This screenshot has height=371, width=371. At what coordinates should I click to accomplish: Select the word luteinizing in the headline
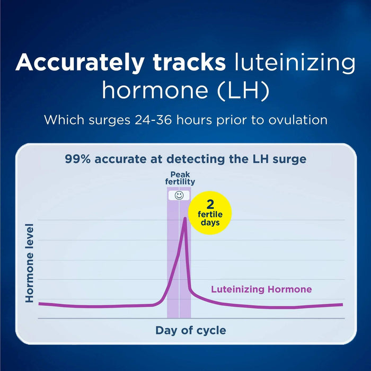[294, 63]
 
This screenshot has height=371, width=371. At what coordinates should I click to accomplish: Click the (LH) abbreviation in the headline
[244, 91]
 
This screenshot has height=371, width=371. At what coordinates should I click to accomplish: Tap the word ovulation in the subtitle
[297, 120]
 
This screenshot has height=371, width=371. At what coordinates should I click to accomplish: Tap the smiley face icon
[179, 196]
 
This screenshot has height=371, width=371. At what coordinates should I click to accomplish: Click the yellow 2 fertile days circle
[210, 213]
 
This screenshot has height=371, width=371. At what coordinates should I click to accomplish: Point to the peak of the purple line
[184, 218]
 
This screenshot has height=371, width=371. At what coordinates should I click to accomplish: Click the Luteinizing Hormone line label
[261, 289]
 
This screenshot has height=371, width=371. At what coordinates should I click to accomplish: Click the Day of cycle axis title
[190, 330]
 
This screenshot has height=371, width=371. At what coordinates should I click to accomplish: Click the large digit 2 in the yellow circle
[210, 204]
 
